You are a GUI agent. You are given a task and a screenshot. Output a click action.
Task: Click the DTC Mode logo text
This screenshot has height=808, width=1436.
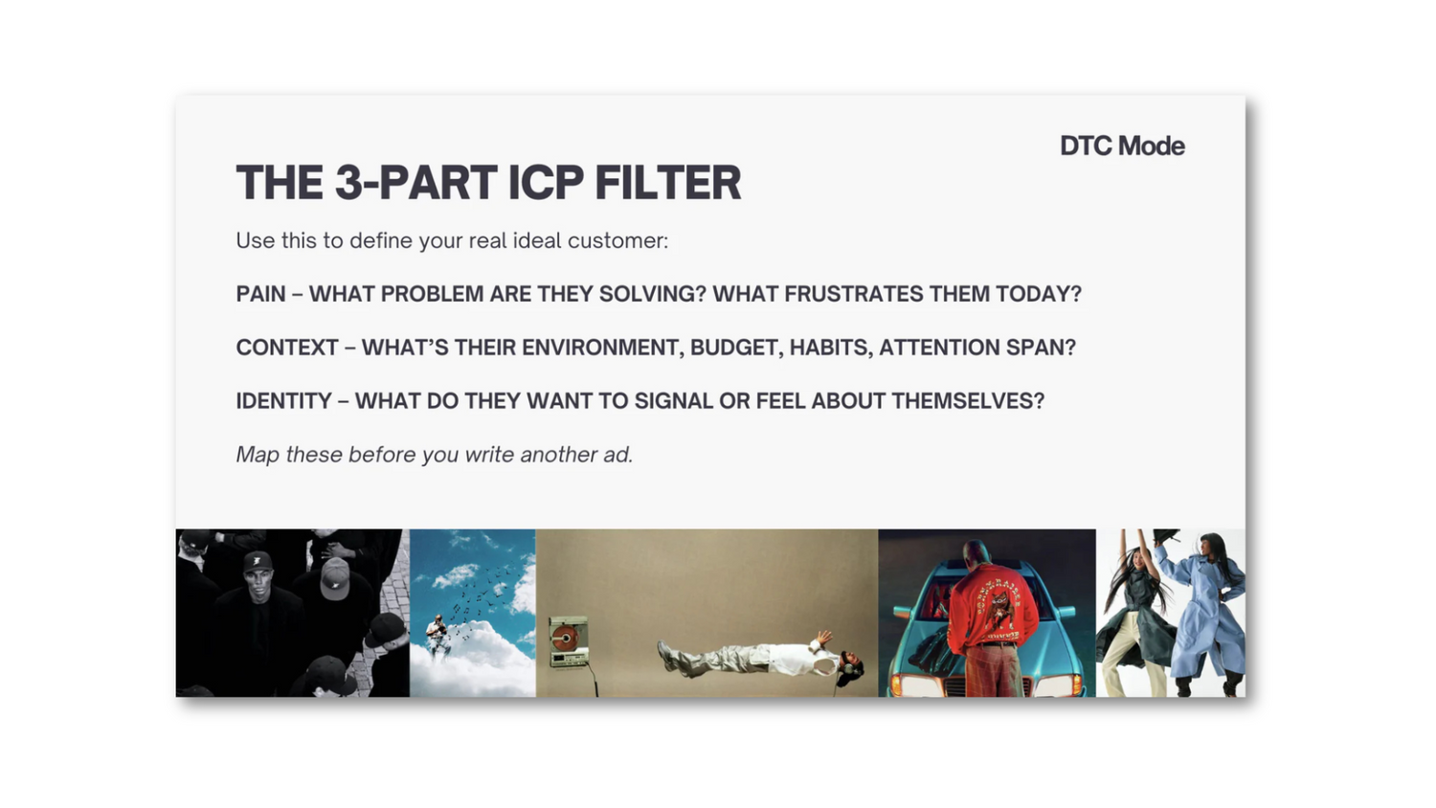coord(1122,146)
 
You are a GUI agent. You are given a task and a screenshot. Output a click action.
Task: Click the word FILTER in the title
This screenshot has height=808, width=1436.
coord(668,183)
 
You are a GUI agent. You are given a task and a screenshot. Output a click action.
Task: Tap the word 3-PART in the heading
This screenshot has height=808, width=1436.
coord(416,183)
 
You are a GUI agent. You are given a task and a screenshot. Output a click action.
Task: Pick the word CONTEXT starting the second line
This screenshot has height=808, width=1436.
coord(286,347)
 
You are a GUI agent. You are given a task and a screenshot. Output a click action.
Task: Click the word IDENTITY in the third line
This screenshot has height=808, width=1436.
coord(283,401)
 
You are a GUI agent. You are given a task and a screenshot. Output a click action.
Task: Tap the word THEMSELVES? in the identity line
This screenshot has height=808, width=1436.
coord(967,401)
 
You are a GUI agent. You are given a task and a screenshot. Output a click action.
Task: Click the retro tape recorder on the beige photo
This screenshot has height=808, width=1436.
coord(569,642)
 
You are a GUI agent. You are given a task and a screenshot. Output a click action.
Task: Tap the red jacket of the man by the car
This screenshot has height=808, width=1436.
coord(993,603)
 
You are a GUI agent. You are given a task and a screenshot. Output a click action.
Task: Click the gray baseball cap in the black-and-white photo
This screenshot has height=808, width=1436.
coord(335,576)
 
